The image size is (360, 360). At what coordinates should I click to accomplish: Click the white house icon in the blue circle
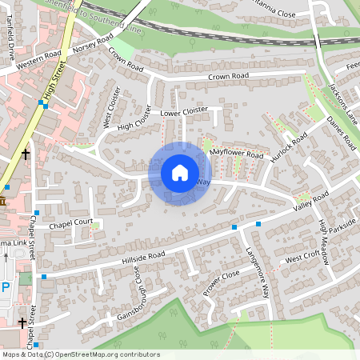[x=180, y=172]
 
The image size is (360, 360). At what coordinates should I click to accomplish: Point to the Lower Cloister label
[x=185, y=111]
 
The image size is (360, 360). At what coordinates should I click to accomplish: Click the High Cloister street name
[x=134, y=122]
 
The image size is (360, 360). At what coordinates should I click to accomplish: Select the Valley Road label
[x=311, y=202]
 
